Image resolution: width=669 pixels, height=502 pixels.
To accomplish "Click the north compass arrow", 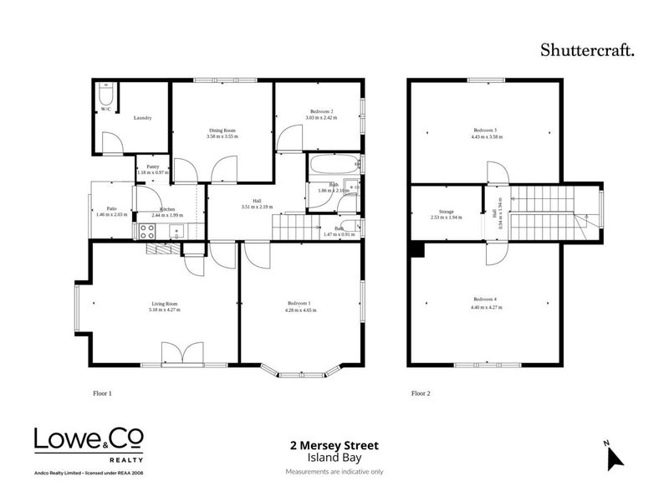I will click(615, 457).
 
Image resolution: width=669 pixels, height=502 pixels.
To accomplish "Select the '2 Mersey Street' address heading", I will click(334, 447).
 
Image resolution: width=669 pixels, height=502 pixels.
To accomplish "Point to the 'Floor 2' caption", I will click(421, 392).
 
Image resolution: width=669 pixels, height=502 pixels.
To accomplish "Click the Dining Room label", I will click(222, 131).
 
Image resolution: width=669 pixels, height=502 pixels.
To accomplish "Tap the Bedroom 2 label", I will click(322, 111).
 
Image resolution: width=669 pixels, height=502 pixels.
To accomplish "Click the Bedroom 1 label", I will click(299, 303).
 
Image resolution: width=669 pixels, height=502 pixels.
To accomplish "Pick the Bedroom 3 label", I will click(485, 131).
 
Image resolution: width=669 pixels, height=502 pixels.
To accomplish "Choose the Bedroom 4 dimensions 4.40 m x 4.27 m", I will click(485, 306).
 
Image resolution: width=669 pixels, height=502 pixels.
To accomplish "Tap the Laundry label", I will click(142, 118).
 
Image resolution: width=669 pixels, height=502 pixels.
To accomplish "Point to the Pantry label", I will click(152, 166).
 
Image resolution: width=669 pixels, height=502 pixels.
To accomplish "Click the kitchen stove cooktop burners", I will click(147, 231).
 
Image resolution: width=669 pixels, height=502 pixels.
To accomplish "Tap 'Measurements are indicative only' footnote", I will click(334, 472).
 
